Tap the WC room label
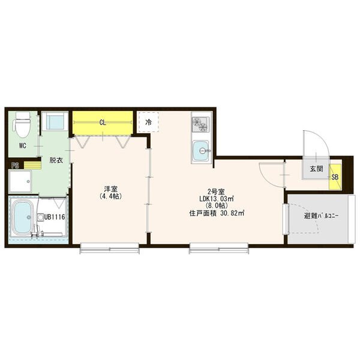pyautogui.click(x=23, y=146)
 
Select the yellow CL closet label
pyautogui.click(x=103, y=122)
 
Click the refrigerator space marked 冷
pyautogui.click(x=149, y=122)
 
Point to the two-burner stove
pyautogui.click(x=201, y=124)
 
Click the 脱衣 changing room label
pyautogui.click(x=56, y=160)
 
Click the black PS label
pyautogui.click(x=15, y=166)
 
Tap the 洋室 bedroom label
pyautogui.click(x=110, y=189)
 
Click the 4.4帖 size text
pyautogui.click(x=110, y=196)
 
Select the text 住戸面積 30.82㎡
pyautogui.click(x=217, y=213)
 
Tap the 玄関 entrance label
pyautogui.click(x=316, y=169)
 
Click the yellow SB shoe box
pyautogui.click(x=335, y=177)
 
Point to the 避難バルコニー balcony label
pyautogui.click(x=322, y=216)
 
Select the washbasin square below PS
pyautogui.click(x=20, y=181)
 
